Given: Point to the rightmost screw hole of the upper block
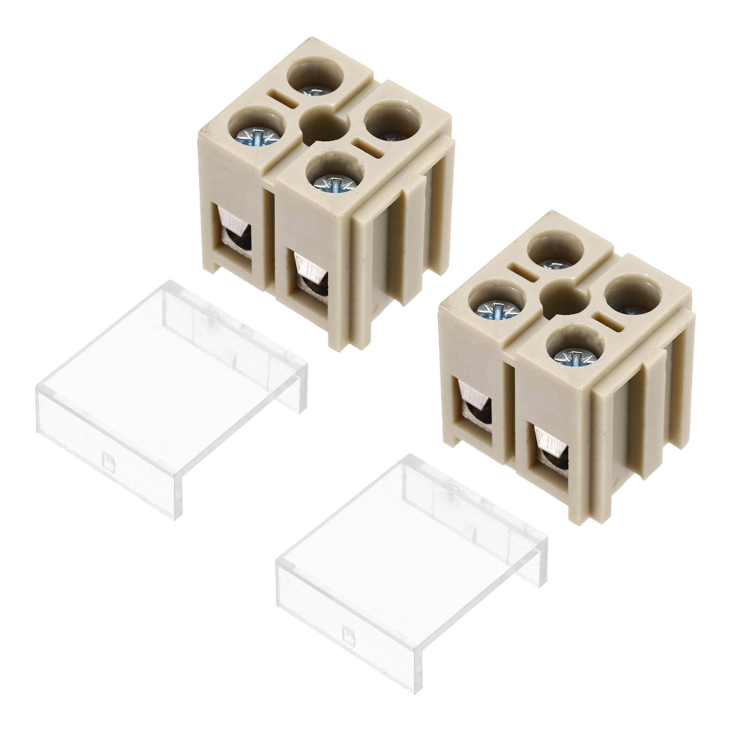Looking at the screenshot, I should click(393, 126).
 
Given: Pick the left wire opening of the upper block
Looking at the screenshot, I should click(234, 233).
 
